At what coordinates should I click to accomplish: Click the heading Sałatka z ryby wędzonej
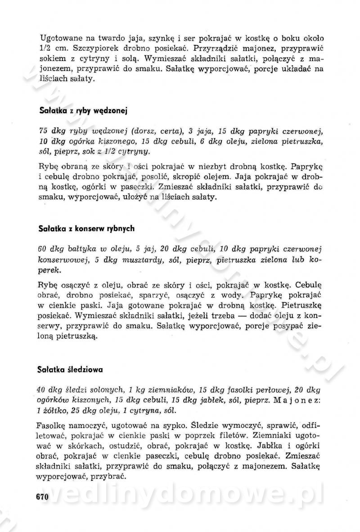coord(79,109)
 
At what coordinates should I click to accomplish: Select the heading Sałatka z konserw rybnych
coord(87,228)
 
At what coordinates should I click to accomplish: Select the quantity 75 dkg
coord(52,131)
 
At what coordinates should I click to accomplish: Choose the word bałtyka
coord(84,250)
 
